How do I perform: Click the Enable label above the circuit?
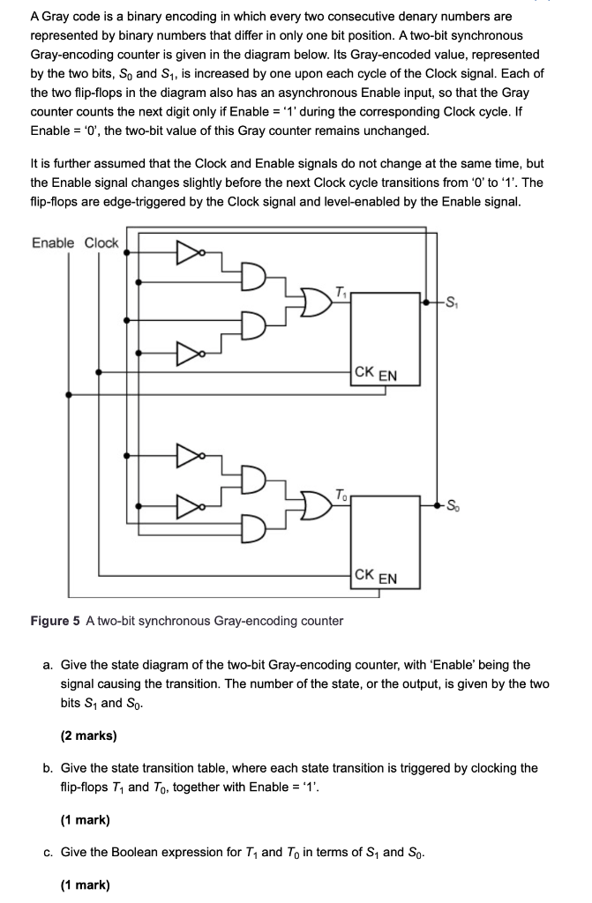[x=53, y=243]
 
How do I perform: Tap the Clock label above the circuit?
[x=101, y=243]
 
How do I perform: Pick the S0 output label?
[x=453, y=505]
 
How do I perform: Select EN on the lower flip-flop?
[x=387, y=578]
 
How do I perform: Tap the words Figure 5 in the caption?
[x=56, y=621]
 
